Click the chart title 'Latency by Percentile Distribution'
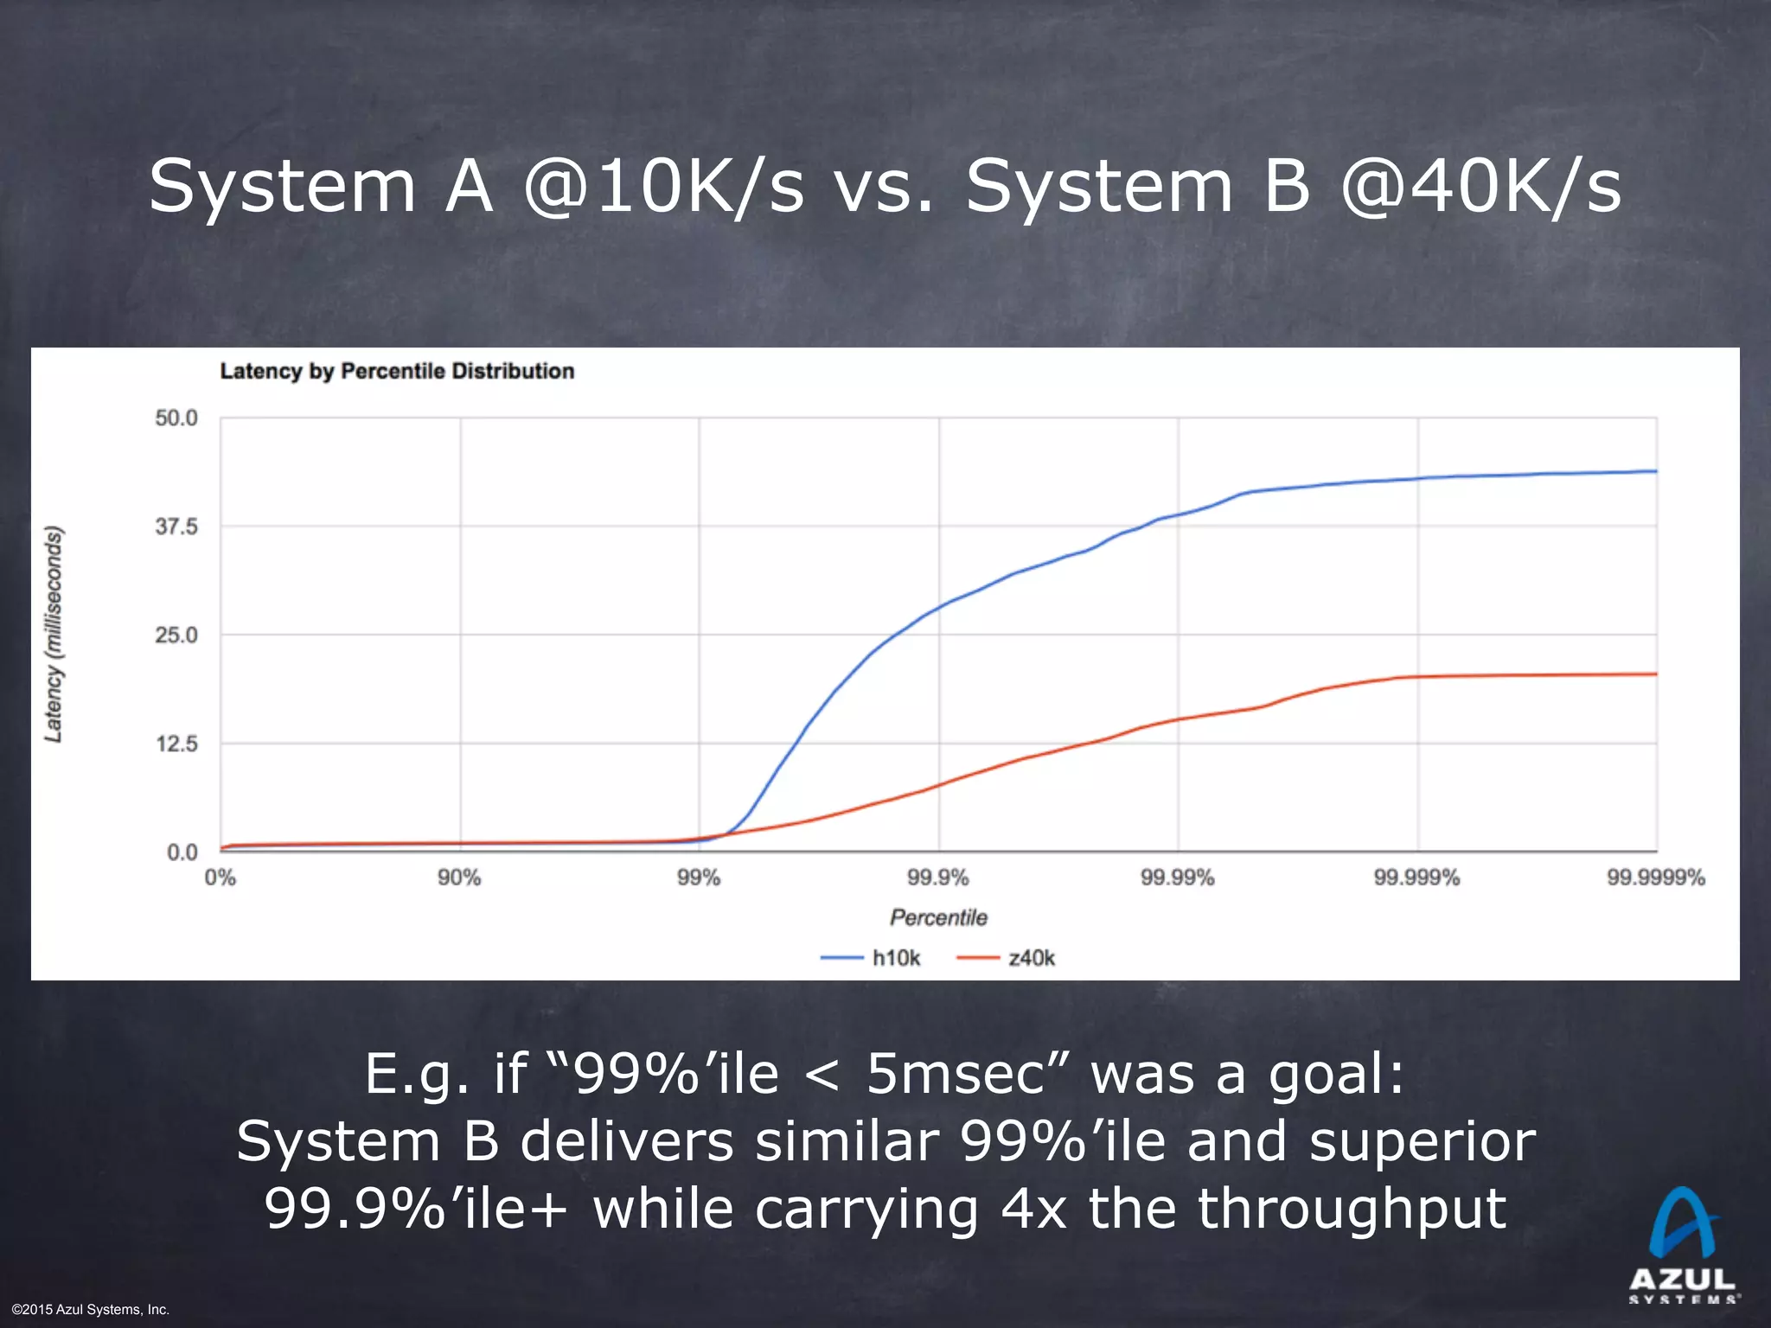click(397, 371)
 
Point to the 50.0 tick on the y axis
click(176, 418)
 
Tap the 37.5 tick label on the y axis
click(176, 527)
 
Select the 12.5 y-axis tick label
click(176, 744)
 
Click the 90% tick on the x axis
click(459, 878)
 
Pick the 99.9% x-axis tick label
click(938, 878)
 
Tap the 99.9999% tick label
click(1655, 878)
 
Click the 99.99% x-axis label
click(1177, 878)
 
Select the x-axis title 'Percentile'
click(938, 917)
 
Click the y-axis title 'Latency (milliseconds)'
click(54, 634)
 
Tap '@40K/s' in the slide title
click(1480, 187)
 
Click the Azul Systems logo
click(1682, 1244)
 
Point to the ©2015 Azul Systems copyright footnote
click(91, 1310)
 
